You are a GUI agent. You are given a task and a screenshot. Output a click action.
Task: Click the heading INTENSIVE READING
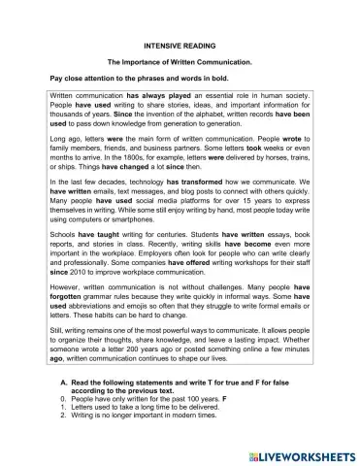coord(180,46)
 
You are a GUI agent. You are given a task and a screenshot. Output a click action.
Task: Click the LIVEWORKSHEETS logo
coord(296,452)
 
